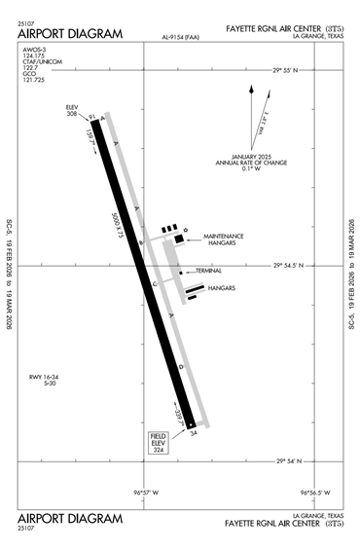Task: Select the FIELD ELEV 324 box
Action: point(159,443)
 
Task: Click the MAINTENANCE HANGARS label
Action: point(223,240)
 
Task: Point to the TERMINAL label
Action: point(209,270)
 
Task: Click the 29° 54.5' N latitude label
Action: point(297,264)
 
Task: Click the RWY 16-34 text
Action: point(44,378)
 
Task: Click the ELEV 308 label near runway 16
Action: point(71,110)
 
